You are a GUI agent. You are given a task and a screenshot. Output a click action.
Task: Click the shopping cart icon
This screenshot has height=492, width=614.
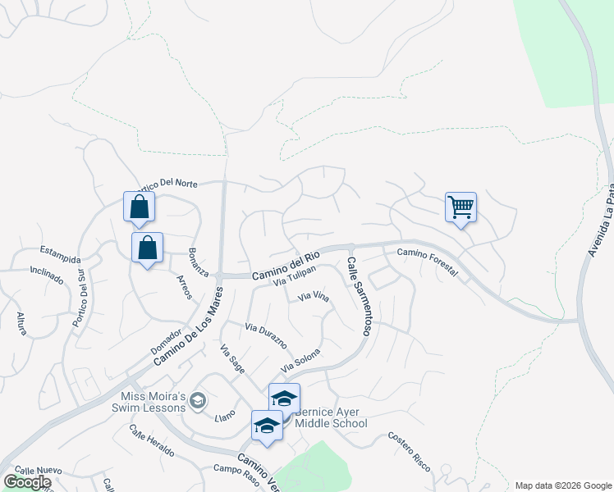460,207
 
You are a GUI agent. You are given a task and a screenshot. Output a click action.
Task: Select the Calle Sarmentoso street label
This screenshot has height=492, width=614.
360,296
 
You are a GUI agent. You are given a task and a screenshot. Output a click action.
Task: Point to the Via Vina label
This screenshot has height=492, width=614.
313,297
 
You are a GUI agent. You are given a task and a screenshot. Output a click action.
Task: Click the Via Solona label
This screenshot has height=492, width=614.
300,358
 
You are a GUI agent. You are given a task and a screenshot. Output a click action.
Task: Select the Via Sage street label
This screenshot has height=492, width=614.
232,359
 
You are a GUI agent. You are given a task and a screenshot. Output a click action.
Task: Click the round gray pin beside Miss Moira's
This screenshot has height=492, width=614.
197,401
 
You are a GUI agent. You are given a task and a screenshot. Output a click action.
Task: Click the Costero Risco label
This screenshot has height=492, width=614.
410,451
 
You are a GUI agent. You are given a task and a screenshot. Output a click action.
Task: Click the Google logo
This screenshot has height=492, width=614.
27,482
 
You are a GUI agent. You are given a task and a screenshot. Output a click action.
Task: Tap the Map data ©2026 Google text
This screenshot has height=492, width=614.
562,485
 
